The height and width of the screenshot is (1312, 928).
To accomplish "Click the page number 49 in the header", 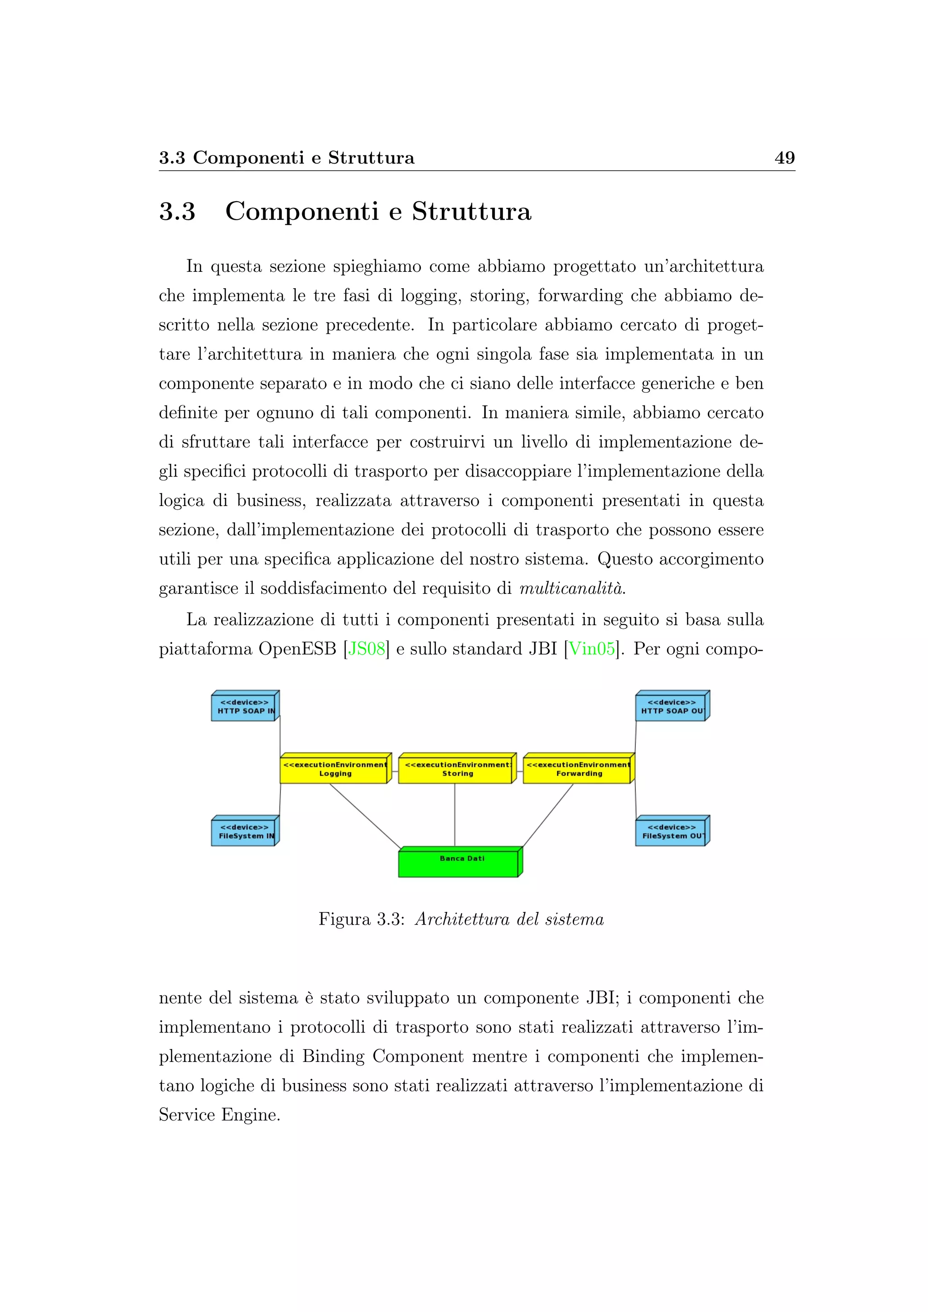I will point(784,158).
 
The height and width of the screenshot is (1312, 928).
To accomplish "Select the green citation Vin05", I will point(591,649).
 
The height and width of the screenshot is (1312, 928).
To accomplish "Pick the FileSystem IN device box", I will point(243,832).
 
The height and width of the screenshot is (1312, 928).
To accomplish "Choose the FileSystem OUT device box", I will point(671,832).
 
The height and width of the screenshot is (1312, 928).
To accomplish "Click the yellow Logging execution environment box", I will point(334,770).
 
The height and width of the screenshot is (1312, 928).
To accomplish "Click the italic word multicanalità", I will point(571,588).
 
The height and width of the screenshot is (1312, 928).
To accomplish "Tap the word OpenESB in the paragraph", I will point(297,649).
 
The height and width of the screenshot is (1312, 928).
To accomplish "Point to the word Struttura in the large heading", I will point(471,212).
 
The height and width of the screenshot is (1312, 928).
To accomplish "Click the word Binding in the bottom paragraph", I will point(333,1056).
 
